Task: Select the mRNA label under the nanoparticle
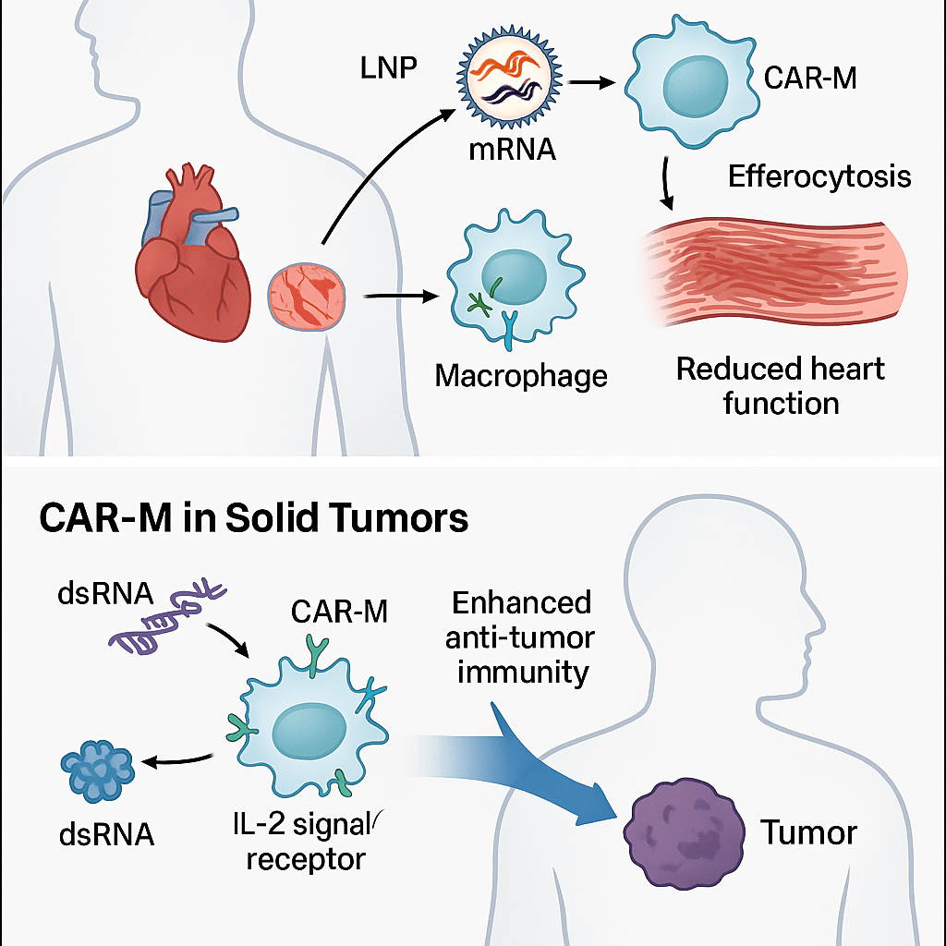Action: [512, 148]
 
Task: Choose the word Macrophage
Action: [521, 376]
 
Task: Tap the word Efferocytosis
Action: [819, 176]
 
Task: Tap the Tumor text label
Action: [809, 833]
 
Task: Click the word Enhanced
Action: [522, 603]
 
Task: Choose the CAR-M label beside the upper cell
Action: [810, 79]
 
